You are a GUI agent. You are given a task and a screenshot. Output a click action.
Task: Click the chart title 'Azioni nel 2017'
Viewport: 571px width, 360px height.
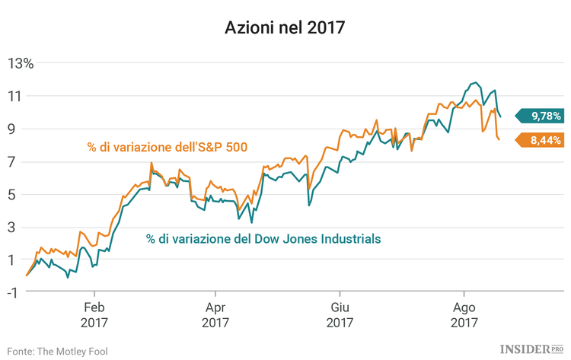(285, 28)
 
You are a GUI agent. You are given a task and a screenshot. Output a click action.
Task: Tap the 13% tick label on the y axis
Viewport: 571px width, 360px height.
(21, 63)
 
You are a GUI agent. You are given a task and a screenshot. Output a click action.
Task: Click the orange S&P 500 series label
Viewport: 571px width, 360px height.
(167, 146)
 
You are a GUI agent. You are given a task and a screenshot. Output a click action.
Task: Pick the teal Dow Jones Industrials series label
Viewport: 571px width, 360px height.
(263, 238)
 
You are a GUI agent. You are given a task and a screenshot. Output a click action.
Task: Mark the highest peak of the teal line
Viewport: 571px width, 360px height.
(476, 82)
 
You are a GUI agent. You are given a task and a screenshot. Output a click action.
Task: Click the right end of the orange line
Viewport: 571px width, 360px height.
(499, 139)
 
